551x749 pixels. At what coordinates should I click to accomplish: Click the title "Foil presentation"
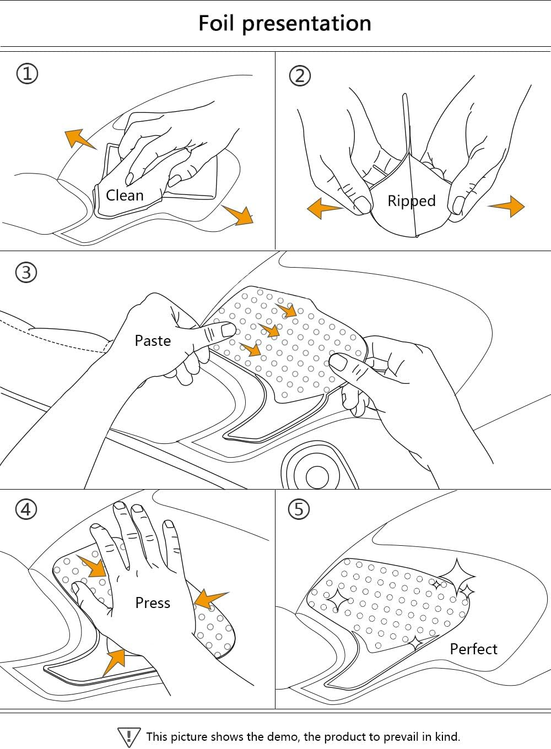[x=284, y=23]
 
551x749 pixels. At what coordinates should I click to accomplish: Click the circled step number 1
[x=28, y=73]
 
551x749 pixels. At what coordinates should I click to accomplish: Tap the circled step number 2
[x=300, y=75]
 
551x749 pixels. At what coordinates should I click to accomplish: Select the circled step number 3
[x=26, y=272]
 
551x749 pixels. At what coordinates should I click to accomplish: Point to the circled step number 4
[x=26, y=509]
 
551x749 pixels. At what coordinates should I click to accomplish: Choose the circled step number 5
[x=299, y=509]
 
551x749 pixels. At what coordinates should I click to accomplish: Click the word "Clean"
[x=125, y=195]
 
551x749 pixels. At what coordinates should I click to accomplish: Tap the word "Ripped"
[x=411, y=200]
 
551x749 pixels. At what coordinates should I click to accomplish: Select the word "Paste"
[x=153, y=340]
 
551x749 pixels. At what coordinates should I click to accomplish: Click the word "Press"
[x=153, y=603]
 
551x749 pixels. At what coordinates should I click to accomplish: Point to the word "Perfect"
[x=473, y=649]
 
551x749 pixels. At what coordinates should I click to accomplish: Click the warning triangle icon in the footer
[x=129, y=737]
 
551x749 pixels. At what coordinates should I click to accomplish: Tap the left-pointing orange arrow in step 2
[x=324, y=208]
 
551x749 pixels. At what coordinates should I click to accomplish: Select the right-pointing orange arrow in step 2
[x=507, y=206]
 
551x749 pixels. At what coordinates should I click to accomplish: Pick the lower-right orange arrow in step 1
[x=240, y=214]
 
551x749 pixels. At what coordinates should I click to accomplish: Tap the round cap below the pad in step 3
[x=317, y=476]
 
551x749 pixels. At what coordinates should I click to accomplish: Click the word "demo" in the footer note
[x=283, y=736]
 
